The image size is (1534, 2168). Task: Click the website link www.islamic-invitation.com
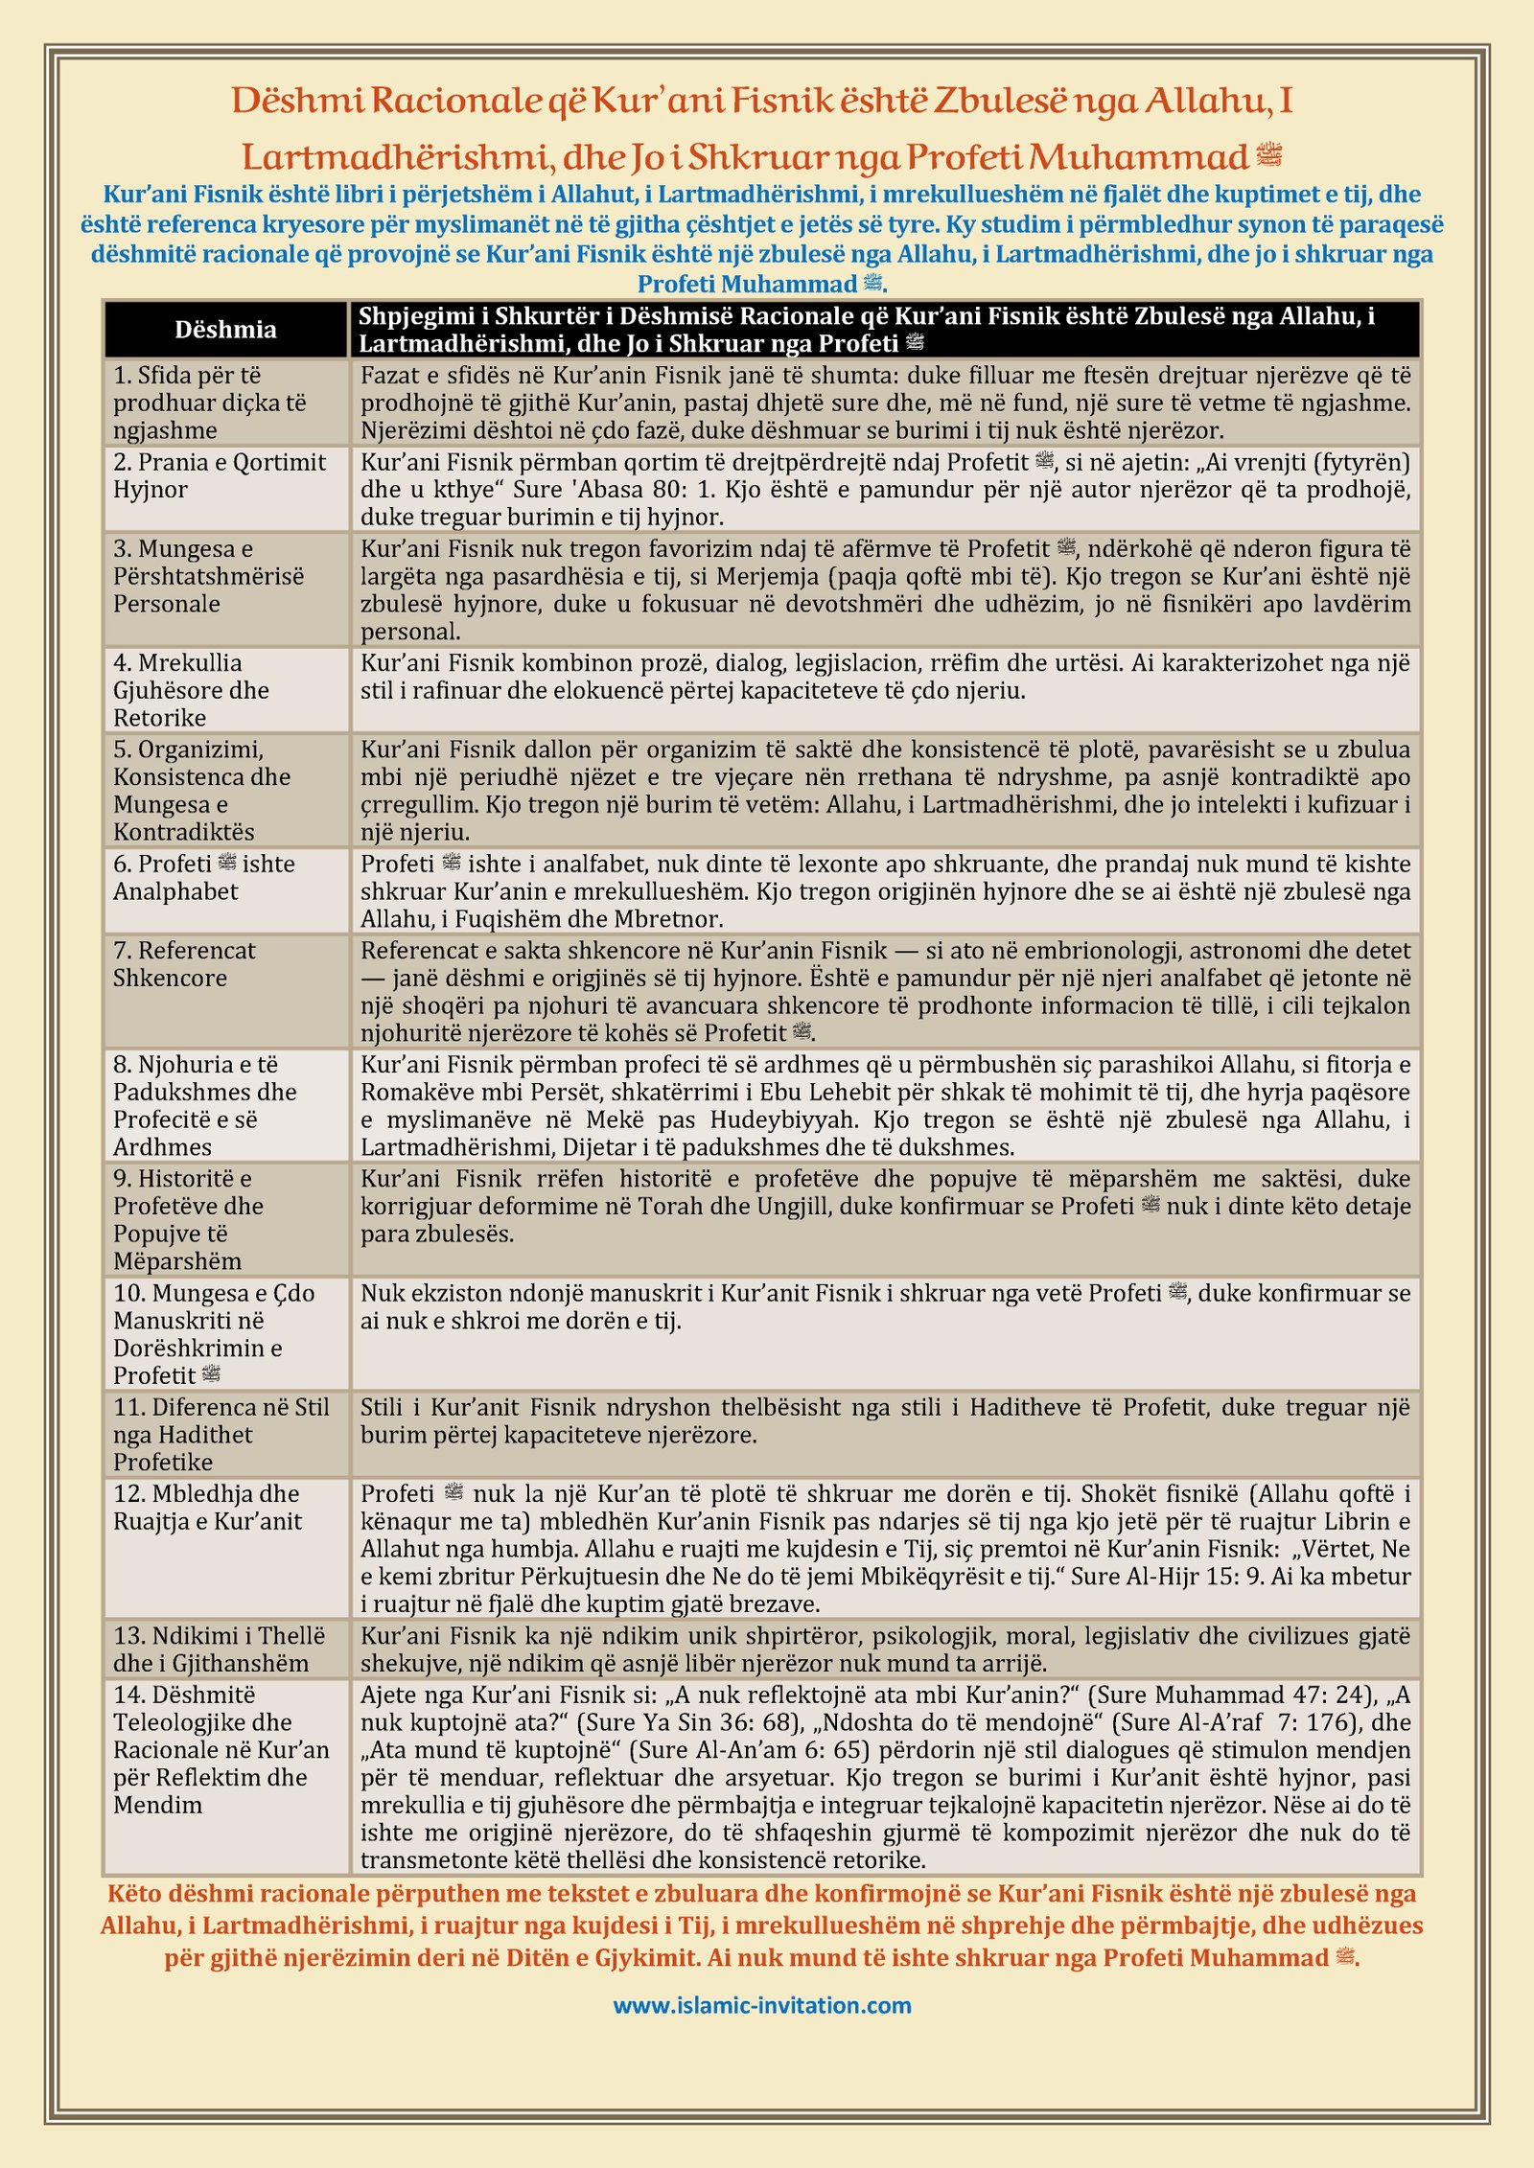click(762, 2004)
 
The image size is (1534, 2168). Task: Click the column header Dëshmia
click(225, 330)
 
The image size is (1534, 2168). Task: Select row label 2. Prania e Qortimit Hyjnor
click(220, 475)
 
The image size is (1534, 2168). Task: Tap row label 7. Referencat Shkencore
click(184, 964)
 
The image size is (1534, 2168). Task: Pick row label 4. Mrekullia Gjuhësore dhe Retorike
click(191, 690)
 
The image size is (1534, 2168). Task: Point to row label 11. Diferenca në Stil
click(221, 1434)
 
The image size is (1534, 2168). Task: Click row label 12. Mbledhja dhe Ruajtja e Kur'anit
click(207, 1507)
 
